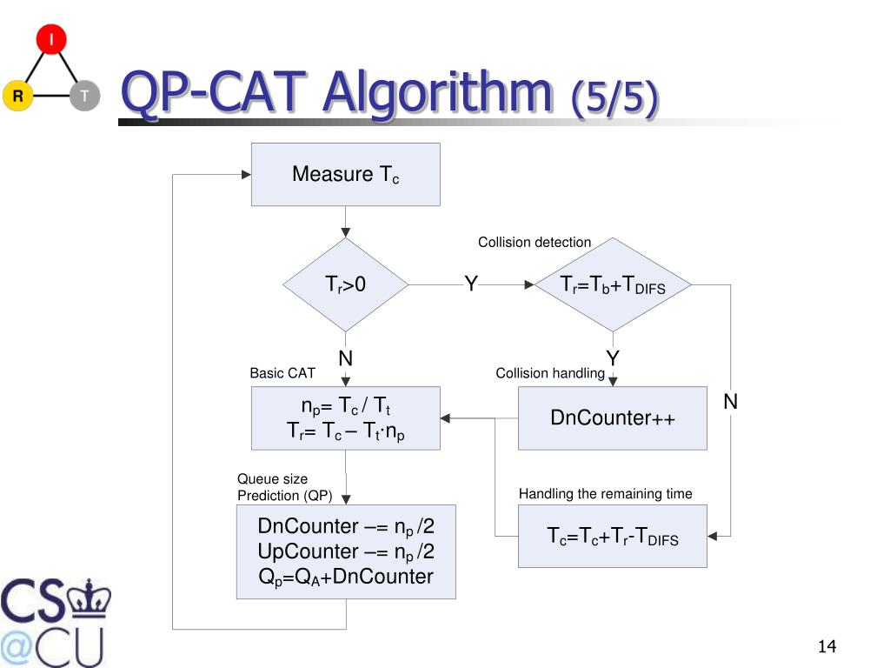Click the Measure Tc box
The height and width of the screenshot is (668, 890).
coord(345,174)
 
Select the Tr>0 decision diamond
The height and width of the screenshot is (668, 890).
coord(345,284)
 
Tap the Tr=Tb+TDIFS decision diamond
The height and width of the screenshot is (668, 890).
coord(613,284)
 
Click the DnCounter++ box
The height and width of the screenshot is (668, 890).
coord(612,418)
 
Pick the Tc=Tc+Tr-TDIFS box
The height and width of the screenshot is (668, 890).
coord(612,537)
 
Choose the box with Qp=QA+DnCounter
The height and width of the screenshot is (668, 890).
coord(345,551)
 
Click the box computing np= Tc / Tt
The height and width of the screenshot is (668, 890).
coord(345,418)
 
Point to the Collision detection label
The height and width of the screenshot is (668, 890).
coord(534,243)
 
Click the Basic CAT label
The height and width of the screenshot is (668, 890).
coord(282,373)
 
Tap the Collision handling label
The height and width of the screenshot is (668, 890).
coord(549,373)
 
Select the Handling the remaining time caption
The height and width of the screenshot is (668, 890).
coord(605,494)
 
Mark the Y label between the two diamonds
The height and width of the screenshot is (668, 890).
coord(470,284)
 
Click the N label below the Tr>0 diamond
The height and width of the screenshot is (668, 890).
coord(345,358)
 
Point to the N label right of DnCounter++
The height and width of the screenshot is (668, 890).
coord(730,402)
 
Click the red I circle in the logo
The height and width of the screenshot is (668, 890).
coord(50,40)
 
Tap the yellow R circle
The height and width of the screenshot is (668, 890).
coord(17,96)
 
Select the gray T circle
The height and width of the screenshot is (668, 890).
coord(84,96)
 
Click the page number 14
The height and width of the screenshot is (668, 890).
coord(826,646)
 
